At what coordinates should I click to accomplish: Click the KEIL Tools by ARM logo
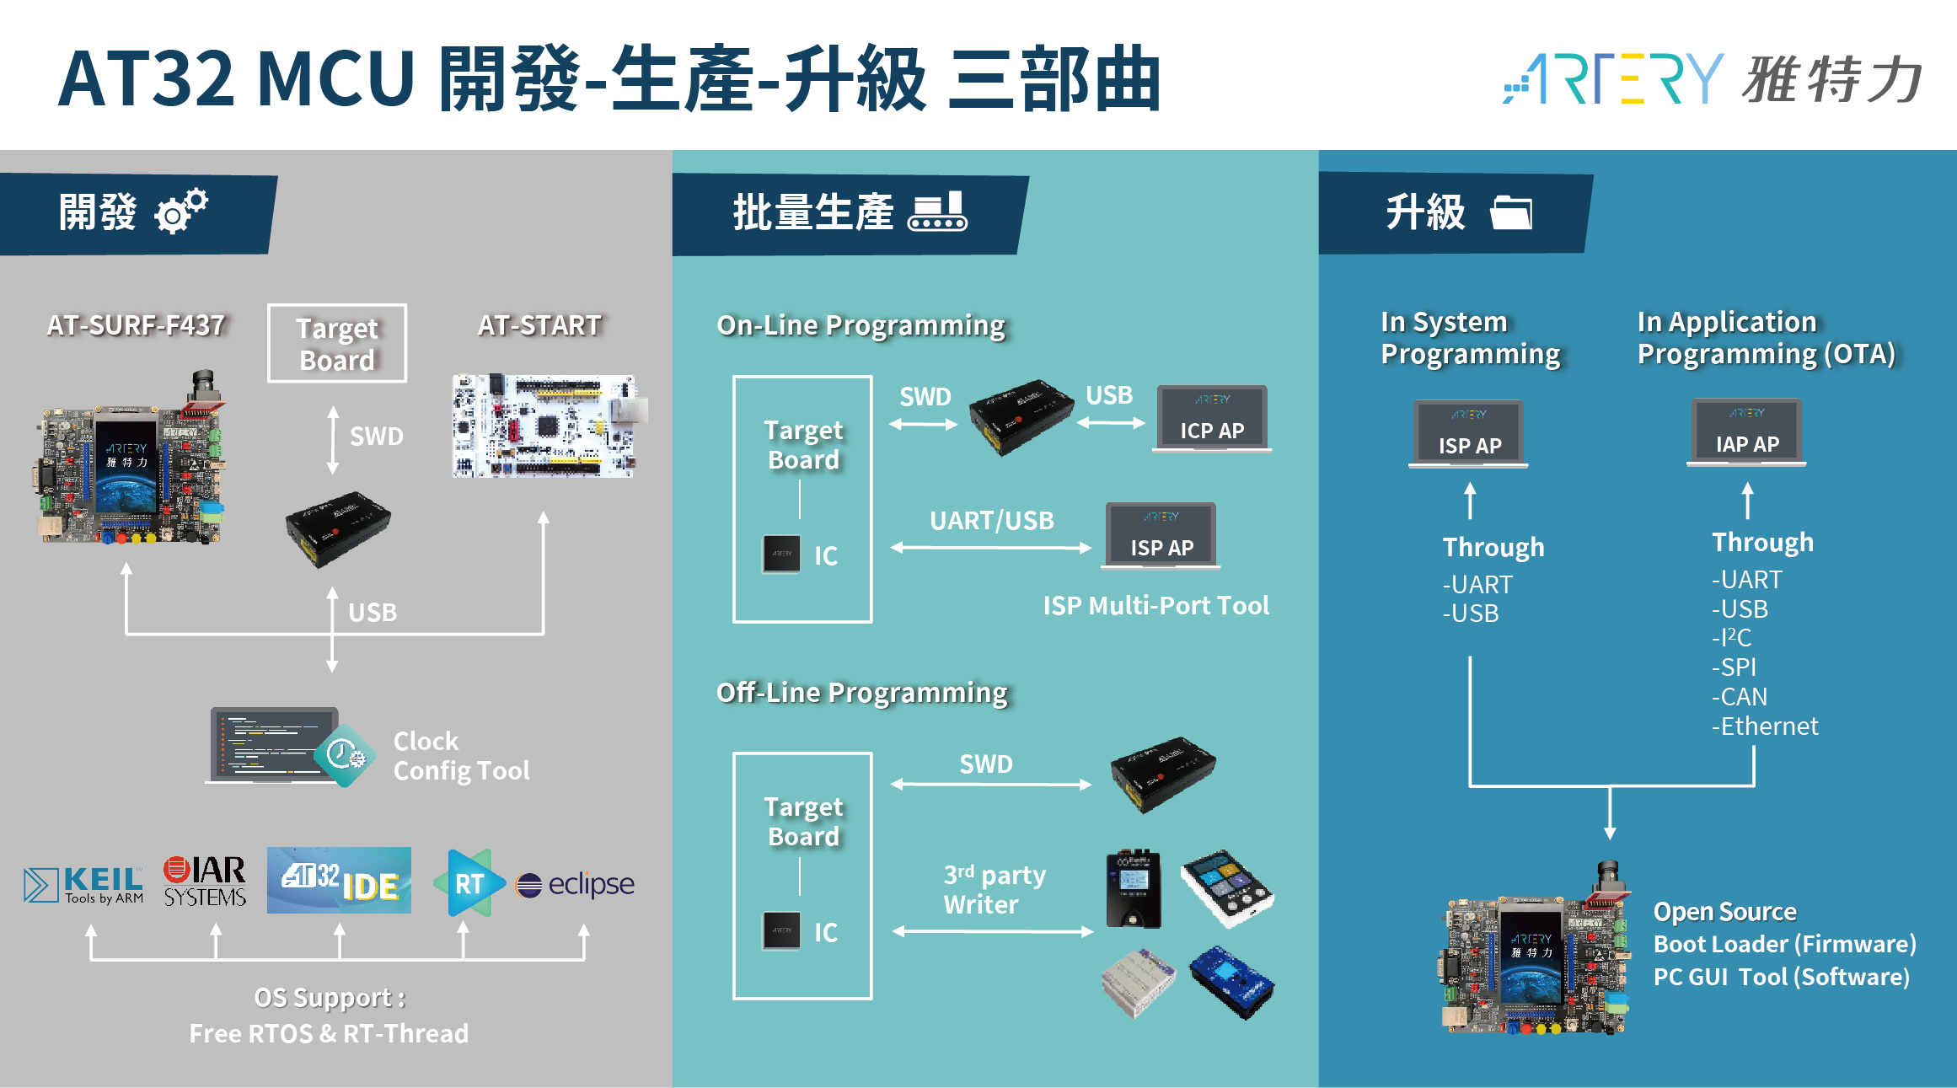coord(83,885)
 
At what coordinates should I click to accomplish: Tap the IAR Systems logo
coord(205,882)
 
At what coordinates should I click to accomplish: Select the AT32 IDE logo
coord(339,880)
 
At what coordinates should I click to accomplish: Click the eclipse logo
coord(575,884)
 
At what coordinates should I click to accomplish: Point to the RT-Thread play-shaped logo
coord(469,882)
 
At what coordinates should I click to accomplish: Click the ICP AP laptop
coord(1212,419)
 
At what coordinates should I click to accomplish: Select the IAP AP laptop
coord(1747,432)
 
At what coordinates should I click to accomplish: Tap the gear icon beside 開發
coord(181,211)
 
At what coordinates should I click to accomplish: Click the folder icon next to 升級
coord(1511,212)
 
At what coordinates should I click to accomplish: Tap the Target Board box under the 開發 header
coord(337,343)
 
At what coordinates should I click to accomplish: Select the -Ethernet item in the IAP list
coord(1765,726)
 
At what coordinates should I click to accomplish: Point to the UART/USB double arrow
coord(991,548)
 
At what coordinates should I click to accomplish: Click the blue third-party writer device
coord(1232,982)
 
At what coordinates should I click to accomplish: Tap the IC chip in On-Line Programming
coord(781,554)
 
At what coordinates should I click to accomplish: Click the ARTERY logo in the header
coord(1712,78)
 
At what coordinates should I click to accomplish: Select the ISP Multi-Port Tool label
coord(1155,605)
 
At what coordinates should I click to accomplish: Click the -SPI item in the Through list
coord(1734,667)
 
